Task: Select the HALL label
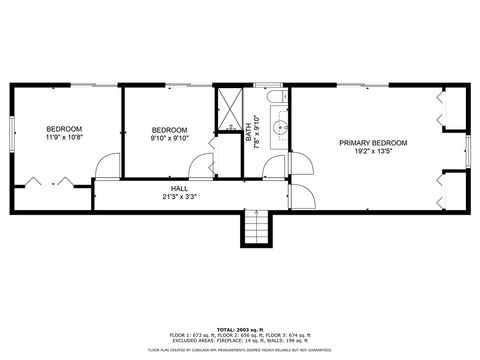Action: pyautogui.click(x=179, y=188)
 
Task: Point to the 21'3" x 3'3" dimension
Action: pyautogui.click(x=179, y=197)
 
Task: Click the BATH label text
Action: pyautogui.click(x=249, y=130)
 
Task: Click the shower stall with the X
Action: pyautogui.click(x=229, y=104)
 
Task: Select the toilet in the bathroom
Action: pyautogui.click(x=276, y=97)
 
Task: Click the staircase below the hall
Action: pyautogui.click(x=255, y=229)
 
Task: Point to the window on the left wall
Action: pyautogui.click(x=12, y=133)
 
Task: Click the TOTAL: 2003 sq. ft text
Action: pyautogui.click(x=240, y=328)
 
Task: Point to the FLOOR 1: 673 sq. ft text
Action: pyautogui.click(x=190, y=335)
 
